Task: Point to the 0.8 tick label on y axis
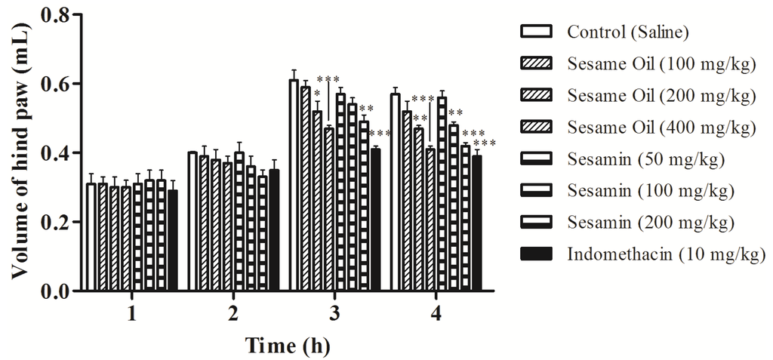(61, 15)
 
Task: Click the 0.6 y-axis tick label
(61, 84)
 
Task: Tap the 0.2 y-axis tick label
(61, 223)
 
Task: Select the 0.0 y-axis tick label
(61, 291)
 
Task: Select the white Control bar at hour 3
(294, 185)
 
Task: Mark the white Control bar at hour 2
(192, 221)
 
